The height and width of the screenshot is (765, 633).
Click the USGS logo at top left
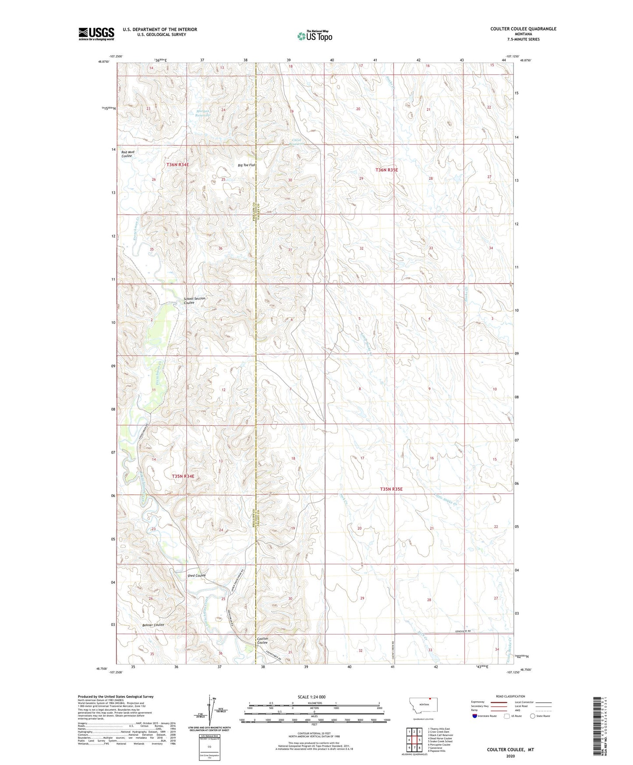(x=96, y=33)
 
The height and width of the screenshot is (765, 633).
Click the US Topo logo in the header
(x=315, y=36)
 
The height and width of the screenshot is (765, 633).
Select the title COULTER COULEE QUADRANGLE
(x=523, y=29)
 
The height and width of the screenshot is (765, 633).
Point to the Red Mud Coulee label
(x=127, y=154)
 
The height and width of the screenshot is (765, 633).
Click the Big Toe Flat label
(x=246, y=165)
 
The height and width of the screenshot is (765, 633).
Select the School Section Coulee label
(x=194, y=301)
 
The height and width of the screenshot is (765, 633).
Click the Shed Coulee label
(x=196, y=575)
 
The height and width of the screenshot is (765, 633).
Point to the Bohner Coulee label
(x=153, y=625)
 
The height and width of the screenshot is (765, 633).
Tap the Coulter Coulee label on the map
(x=262, y=641)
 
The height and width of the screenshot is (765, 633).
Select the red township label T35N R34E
(x=183, y=476)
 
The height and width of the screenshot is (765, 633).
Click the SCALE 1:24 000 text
(x=311, y=697)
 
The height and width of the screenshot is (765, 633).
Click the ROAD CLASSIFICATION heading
(x=510, y=696)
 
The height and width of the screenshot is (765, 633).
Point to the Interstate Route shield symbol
(x=475, y=716)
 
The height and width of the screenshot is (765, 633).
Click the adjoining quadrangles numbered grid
(x=414, y=741)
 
